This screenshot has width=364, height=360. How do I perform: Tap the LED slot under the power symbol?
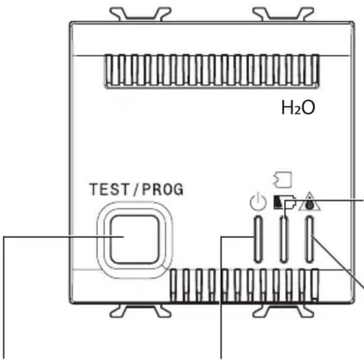[x=257, y=239]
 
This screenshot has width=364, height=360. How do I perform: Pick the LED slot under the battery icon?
[x=283, y=239]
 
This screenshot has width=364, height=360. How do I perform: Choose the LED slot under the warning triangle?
[x=310, y=239]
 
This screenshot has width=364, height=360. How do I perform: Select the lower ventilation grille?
[x=244, y=285]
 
